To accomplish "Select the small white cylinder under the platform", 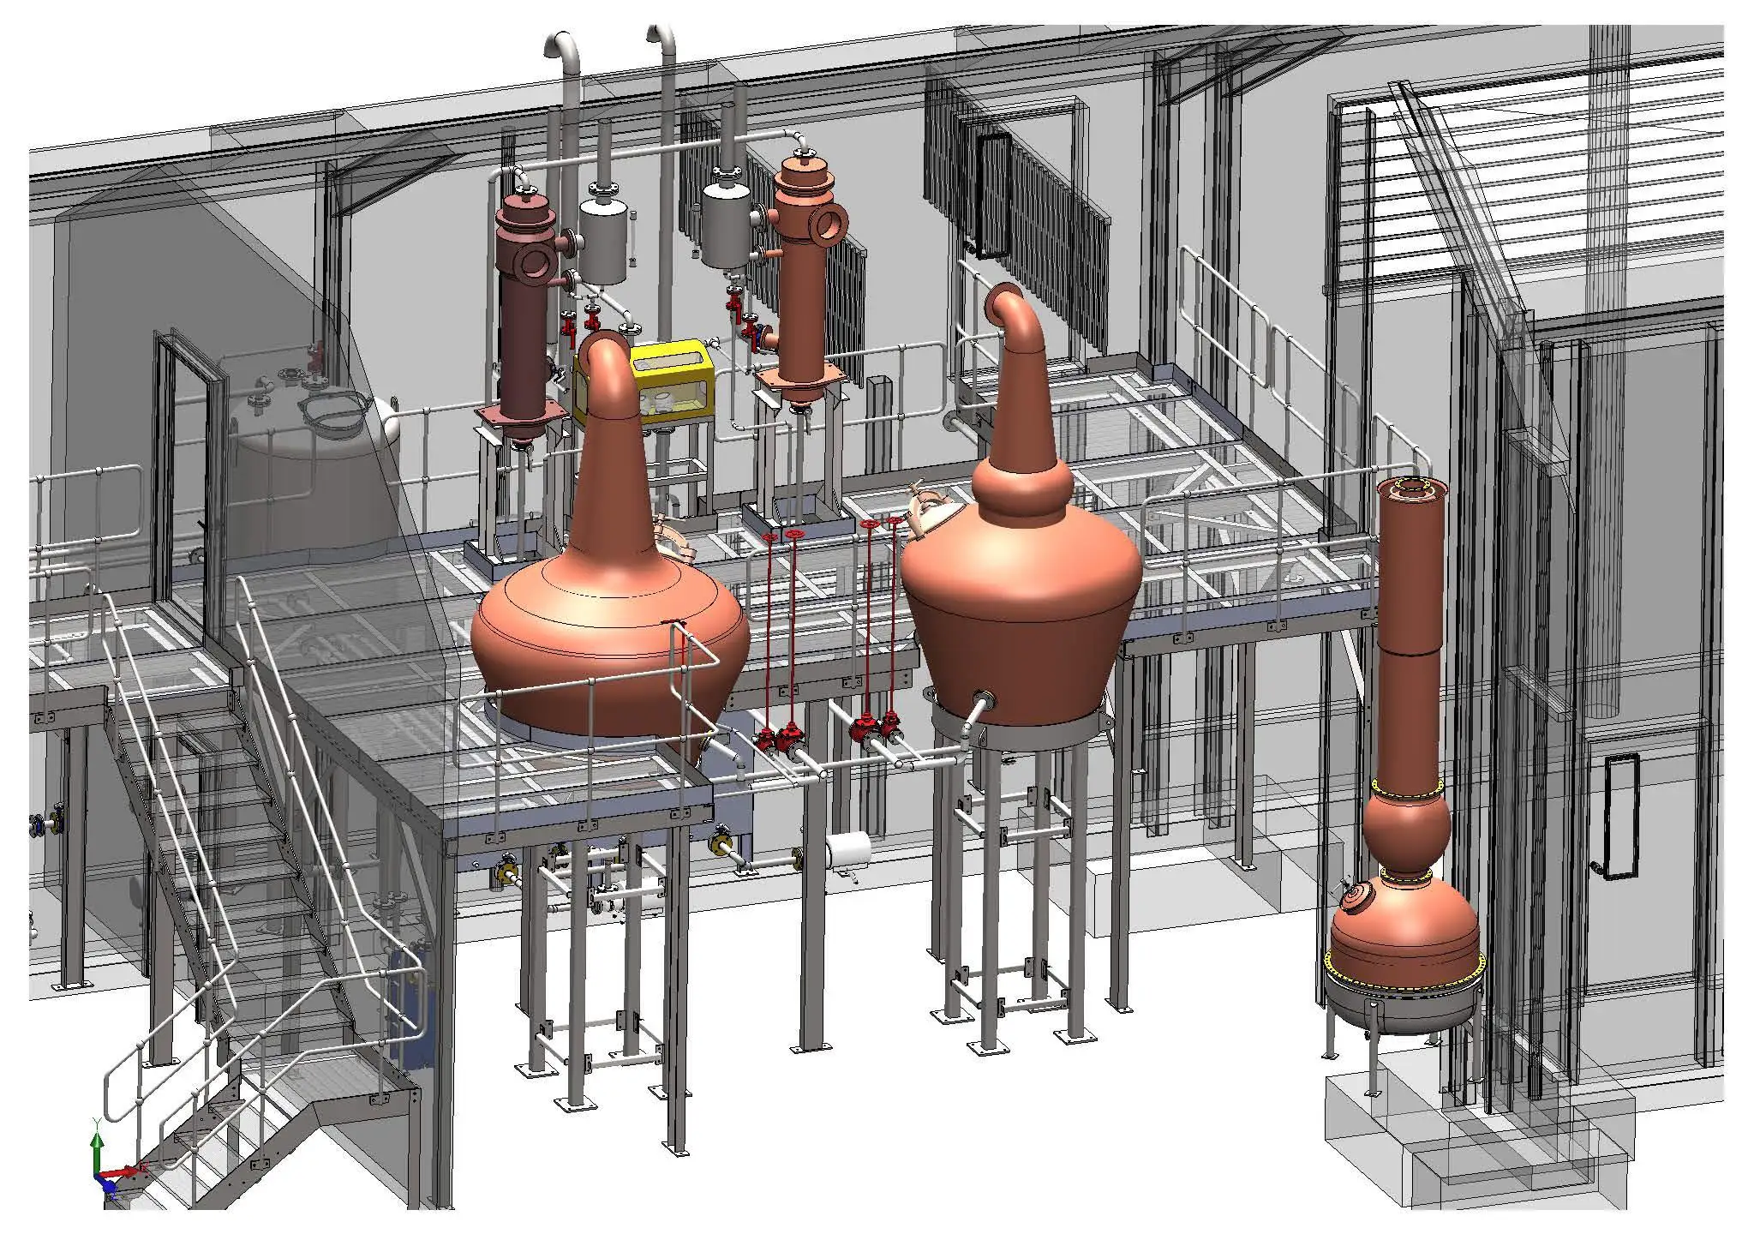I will coord(848,849).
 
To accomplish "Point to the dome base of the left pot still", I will coord(610,660).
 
